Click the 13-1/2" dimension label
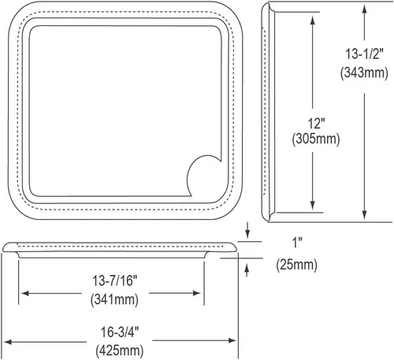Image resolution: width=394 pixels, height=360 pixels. [364, 54]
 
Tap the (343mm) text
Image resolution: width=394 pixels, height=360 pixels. [364, 72]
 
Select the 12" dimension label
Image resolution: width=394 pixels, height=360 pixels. [316, 124]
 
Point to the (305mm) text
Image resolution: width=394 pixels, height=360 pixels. [316, 139]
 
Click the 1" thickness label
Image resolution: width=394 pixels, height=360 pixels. [298, 243]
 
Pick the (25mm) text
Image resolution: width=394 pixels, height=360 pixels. [296, 265]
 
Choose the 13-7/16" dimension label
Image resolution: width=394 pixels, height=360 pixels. [115, 280]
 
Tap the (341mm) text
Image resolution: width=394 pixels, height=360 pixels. [114, 299]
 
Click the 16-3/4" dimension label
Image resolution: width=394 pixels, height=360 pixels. [120, 332]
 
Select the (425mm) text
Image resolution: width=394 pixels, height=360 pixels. [120, 351]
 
